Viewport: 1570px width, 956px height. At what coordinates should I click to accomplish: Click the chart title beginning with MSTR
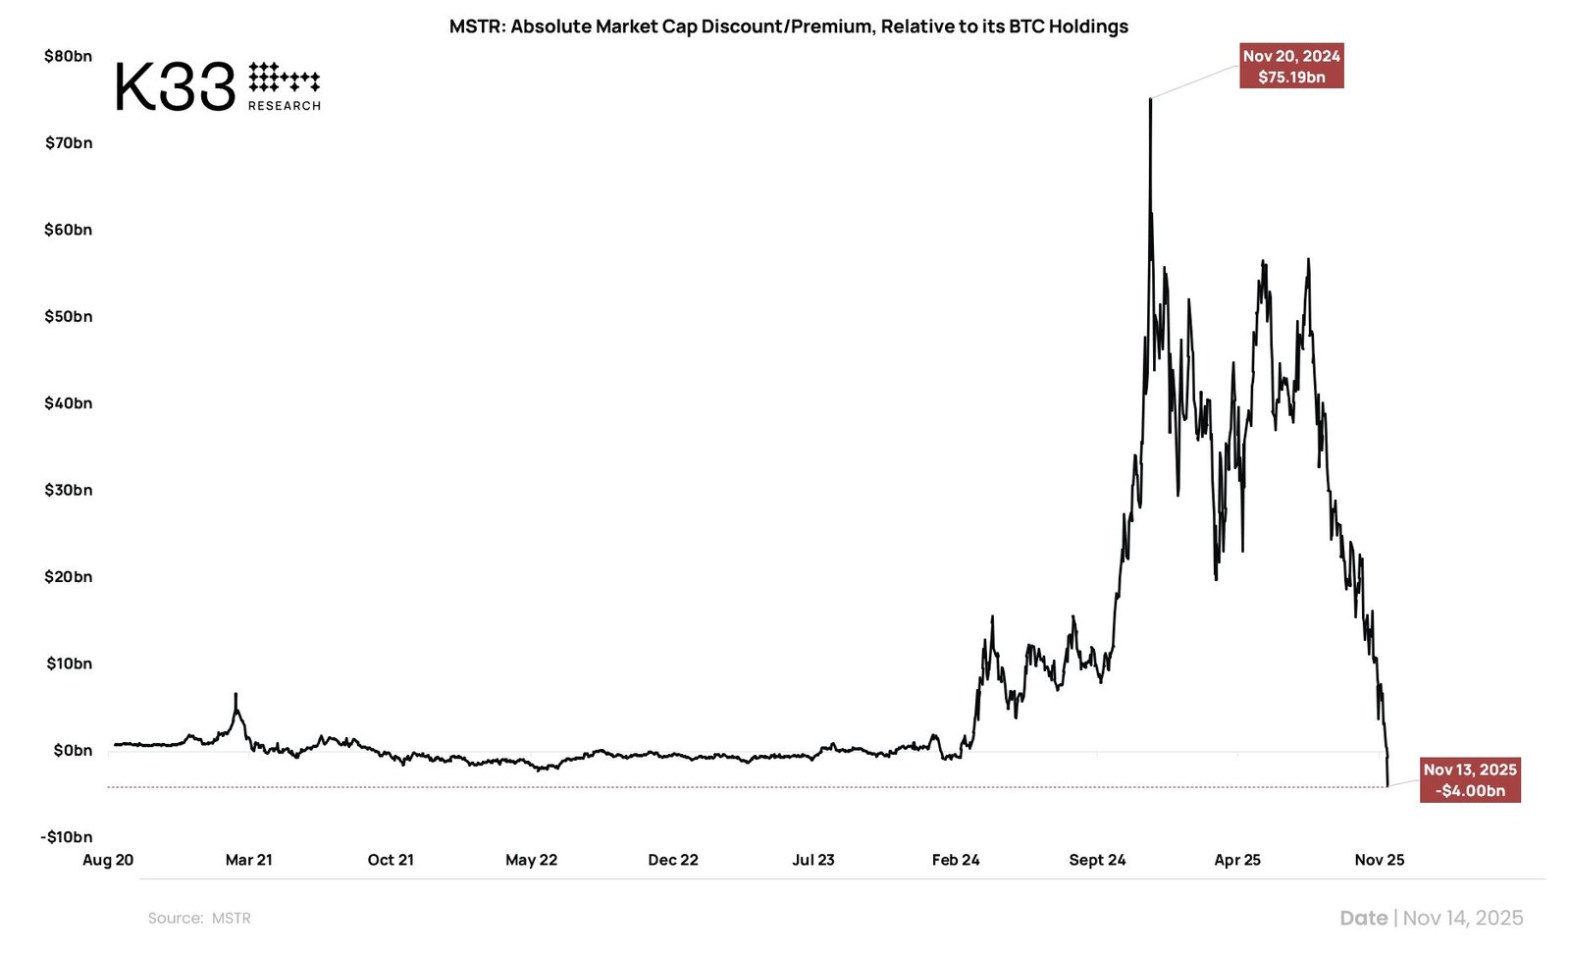[788, 27]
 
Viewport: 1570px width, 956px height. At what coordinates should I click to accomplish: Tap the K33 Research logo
[218, 86]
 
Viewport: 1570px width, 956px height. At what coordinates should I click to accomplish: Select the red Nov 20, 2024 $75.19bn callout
[1290, 67]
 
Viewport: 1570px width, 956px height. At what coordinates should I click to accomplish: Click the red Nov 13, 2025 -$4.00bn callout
[1469, 780]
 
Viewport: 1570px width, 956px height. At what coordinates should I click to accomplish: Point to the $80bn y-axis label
[68, 56]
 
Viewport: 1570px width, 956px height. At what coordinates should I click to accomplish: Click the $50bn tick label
[68, 316]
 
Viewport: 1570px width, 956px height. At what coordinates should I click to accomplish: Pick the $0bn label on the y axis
[73, 750]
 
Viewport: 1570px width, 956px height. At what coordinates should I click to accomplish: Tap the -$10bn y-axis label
[66, 836]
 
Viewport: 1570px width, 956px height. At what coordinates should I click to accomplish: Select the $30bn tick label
[68, 490]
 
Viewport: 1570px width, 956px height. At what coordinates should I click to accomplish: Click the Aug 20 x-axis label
[108, 860]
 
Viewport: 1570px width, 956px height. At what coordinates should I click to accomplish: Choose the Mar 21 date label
[248, 860]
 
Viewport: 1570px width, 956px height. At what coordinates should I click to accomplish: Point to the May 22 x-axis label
[531, 860]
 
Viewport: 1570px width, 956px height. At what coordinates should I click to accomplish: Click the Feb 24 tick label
[955, 860]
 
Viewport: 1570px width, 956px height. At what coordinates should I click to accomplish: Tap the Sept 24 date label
[1097, 860]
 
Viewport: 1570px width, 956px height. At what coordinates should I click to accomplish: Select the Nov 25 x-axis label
[1379, 860]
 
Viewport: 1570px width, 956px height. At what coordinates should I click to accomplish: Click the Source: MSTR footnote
[199, 918]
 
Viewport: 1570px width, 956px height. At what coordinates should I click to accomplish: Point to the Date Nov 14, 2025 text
[1431, 918]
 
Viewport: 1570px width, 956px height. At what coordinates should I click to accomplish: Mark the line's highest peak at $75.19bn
[1150, 99]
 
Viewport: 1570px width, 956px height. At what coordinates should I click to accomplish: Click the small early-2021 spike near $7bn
[235, 695]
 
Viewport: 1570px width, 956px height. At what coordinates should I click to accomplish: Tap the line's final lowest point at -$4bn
[1387, 785]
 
